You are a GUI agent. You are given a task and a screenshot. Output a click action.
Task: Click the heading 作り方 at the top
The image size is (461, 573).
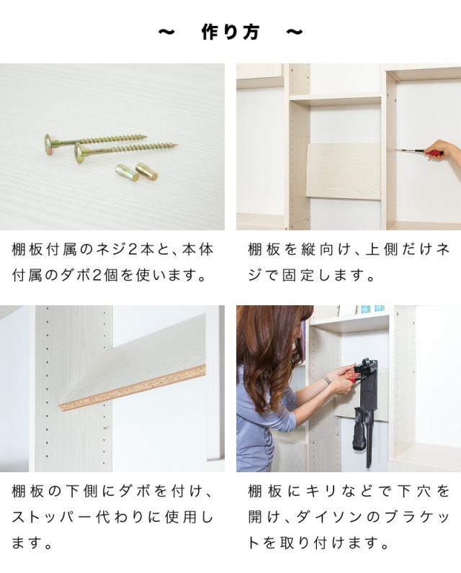click(x=230, y=32)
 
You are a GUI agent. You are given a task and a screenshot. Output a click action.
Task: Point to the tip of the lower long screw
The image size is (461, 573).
click(x=177, y=145)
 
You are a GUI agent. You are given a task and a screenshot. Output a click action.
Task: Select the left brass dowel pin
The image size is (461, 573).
click(x=127, y=172)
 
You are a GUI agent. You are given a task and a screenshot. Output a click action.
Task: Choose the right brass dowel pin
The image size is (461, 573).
click(x=147, y=171)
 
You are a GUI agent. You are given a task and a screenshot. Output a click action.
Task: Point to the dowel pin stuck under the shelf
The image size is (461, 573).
click(x=105, y=427)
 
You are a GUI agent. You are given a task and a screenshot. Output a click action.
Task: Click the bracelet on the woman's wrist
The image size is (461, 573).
click(x=328, y=380)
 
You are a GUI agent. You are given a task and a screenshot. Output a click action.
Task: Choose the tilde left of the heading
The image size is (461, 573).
click(x=166, y=32)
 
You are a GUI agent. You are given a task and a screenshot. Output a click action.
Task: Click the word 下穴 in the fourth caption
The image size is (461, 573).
click(x=415, y=491)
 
